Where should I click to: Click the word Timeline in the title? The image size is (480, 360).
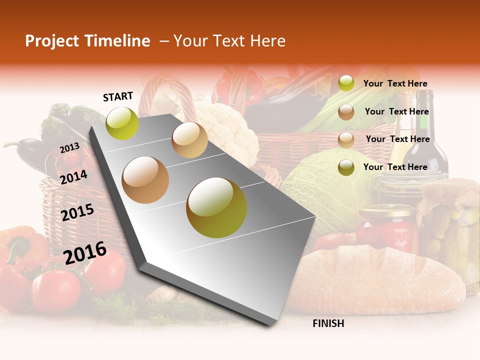[118, 41]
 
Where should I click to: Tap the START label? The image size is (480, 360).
[118, 96]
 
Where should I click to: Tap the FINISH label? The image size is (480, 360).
[328, 323]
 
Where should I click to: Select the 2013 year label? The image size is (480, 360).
[69, 147]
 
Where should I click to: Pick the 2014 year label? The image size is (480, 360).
[73, 177]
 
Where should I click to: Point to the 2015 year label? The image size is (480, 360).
[77, 212]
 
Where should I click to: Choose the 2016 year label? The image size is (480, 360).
[85, 252]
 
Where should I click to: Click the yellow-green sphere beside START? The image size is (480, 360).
[122, 123]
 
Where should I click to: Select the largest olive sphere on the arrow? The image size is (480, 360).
[216, 207]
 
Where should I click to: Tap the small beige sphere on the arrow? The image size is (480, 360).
[189, 140]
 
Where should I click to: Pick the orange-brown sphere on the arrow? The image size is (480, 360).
[145, 180]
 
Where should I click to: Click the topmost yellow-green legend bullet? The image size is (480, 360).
[346, 83]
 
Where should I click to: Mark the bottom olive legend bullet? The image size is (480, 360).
[346, 167]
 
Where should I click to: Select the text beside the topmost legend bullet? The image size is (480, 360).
[395, 83]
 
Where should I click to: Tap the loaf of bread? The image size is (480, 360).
[380, 280]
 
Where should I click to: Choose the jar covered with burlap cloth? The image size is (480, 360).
[450, 220]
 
